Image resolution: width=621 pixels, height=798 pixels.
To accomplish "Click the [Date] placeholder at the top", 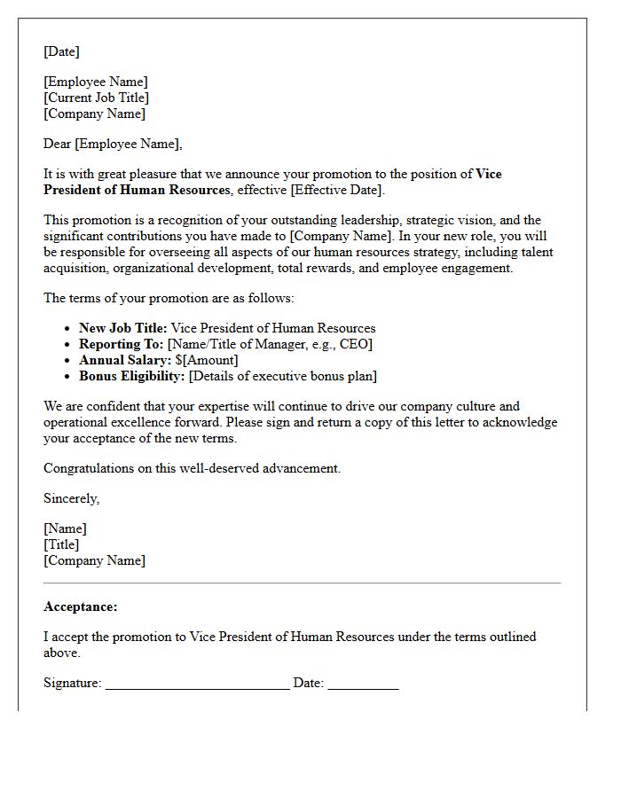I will tap(61, 51).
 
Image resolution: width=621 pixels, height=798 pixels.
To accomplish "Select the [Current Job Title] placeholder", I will tap(96, 98).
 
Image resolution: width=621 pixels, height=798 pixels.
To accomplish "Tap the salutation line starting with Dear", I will tap(113, 144).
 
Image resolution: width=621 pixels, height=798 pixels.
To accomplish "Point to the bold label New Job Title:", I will tap(122, 328).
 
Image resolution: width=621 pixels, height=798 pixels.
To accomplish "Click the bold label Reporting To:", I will tap(121, 344).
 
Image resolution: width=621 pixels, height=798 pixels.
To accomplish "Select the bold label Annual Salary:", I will tap(125, 360).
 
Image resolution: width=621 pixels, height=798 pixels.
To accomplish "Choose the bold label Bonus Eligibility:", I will tap(132, 376).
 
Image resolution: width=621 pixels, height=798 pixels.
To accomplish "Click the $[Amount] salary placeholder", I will tap(207, 360).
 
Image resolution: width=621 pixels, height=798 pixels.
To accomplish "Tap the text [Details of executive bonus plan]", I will tap(283, 376).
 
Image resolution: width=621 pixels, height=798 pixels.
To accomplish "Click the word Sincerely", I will tap(71, 498).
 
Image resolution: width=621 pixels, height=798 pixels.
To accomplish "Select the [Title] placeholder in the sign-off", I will tap(61, 544).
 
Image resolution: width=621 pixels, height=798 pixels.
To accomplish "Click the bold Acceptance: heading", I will tap(81, 606).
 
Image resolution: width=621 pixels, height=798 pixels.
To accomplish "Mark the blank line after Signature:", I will tap(197, 685).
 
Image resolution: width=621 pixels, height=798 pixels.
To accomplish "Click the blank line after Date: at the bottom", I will tap(363, 685).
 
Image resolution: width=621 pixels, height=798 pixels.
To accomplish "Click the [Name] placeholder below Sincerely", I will tap(65, 528).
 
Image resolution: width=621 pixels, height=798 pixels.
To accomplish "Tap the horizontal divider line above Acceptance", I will tap(303, 583).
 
